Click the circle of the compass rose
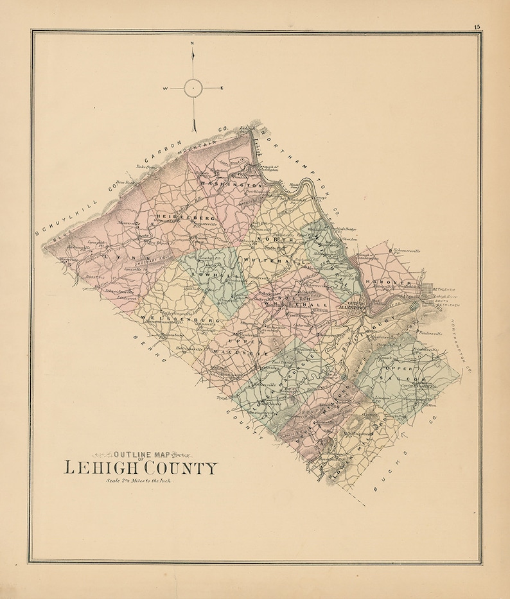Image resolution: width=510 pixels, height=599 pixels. tap(193, 88)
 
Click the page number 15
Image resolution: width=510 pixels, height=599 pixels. tap(477, 26)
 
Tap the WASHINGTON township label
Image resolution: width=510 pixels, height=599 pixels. tap(224, 184)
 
